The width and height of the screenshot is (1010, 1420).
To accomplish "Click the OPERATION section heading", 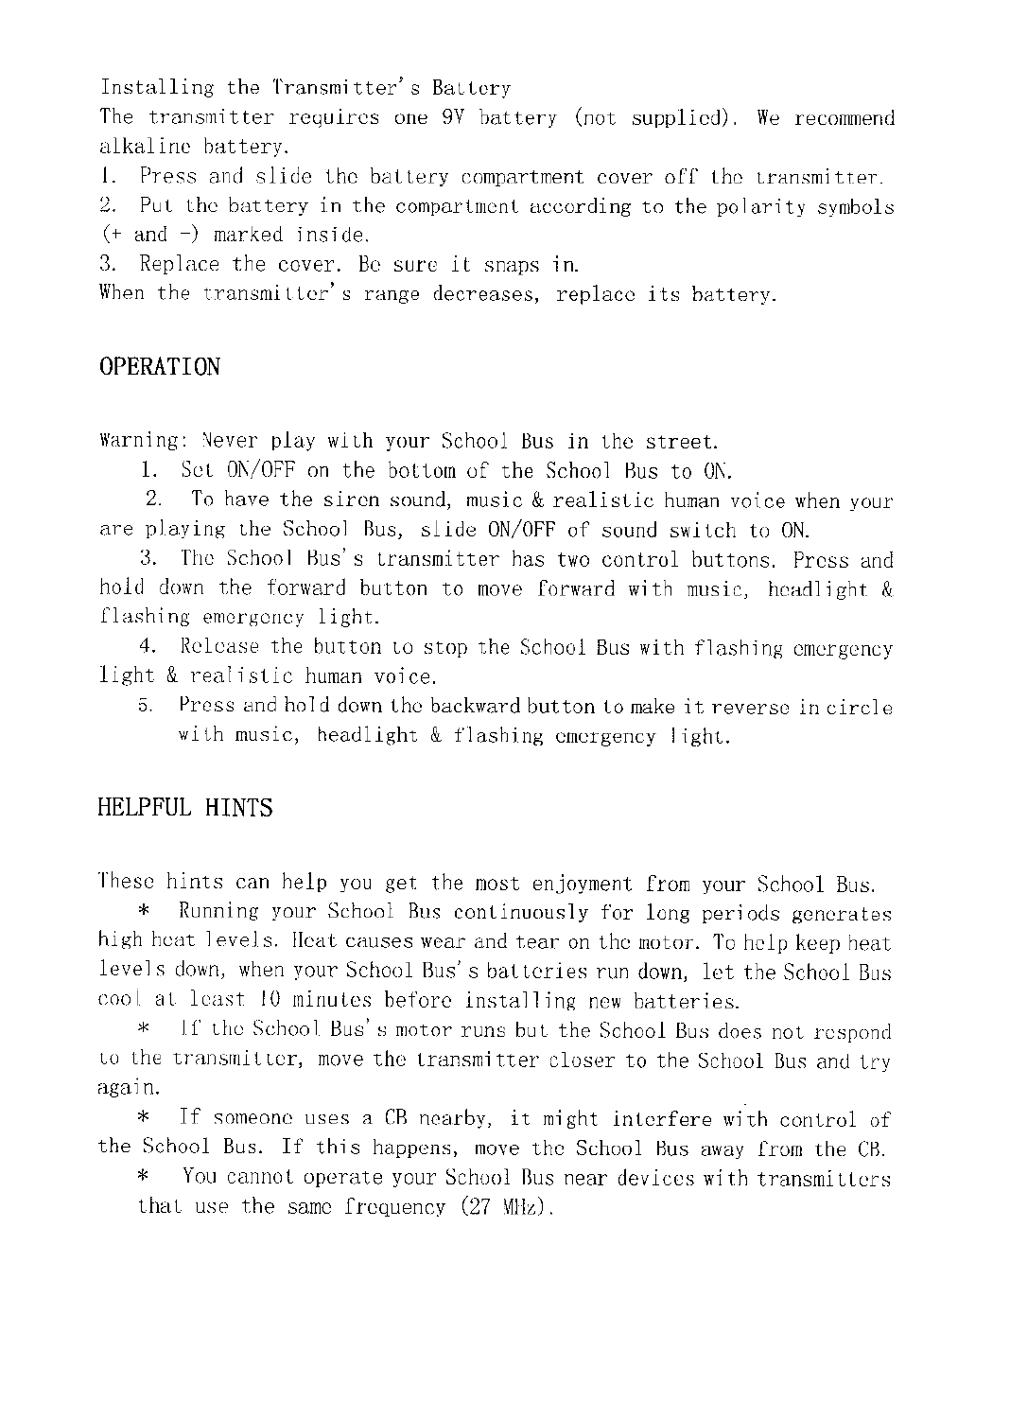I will pyautogui.click(x=159, y=366).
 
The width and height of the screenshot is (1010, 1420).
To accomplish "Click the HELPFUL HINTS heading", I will pyautogui.click(x=185, y=807).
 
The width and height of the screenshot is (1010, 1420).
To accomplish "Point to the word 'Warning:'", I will pyautogui.click(x=143, y=442).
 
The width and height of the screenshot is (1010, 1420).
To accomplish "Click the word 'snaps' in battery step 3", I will pyautogui.click(x=511, y=264).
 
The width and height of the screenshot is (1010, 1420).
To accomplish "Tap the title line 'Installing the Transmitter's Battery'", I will pyautogui.click(x=305, y=89).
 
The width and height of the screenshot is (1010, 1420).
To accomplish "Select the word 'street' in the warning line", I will pyautogui.click(x=679, y=442).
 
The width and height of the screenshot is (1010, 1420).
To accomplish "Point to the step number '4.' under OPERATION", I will pyautogui.click(x=147, y=647).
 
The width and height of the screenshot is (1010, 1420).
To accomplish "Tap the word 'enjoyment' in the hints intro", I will pyautogui.click(x=581, y=884).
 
